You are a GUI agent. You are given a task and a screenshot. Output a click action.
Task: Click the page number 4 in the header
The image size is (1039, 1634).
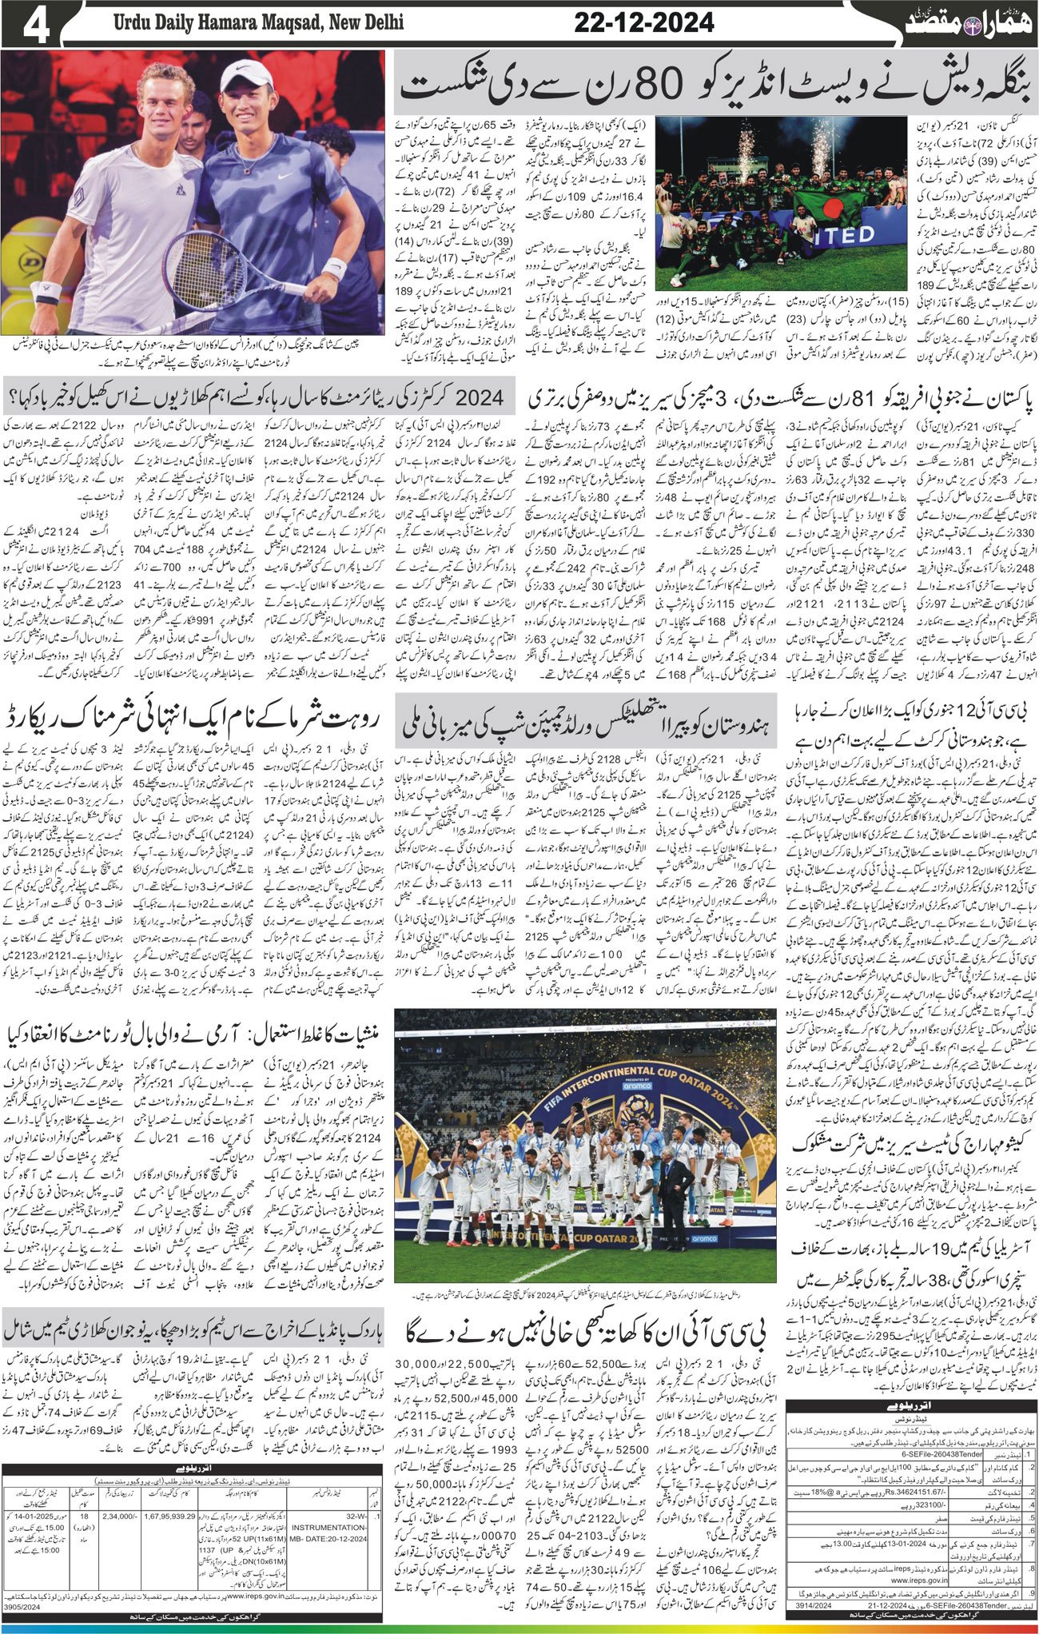click(27, 23)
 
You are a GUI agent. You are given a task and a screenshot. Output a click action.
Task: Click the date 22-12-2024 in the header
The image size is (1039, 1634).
click(643, 23)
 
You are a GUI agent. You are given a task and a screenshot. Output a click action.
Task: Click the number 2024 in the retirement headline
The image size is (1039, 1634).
click(478, 394)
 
